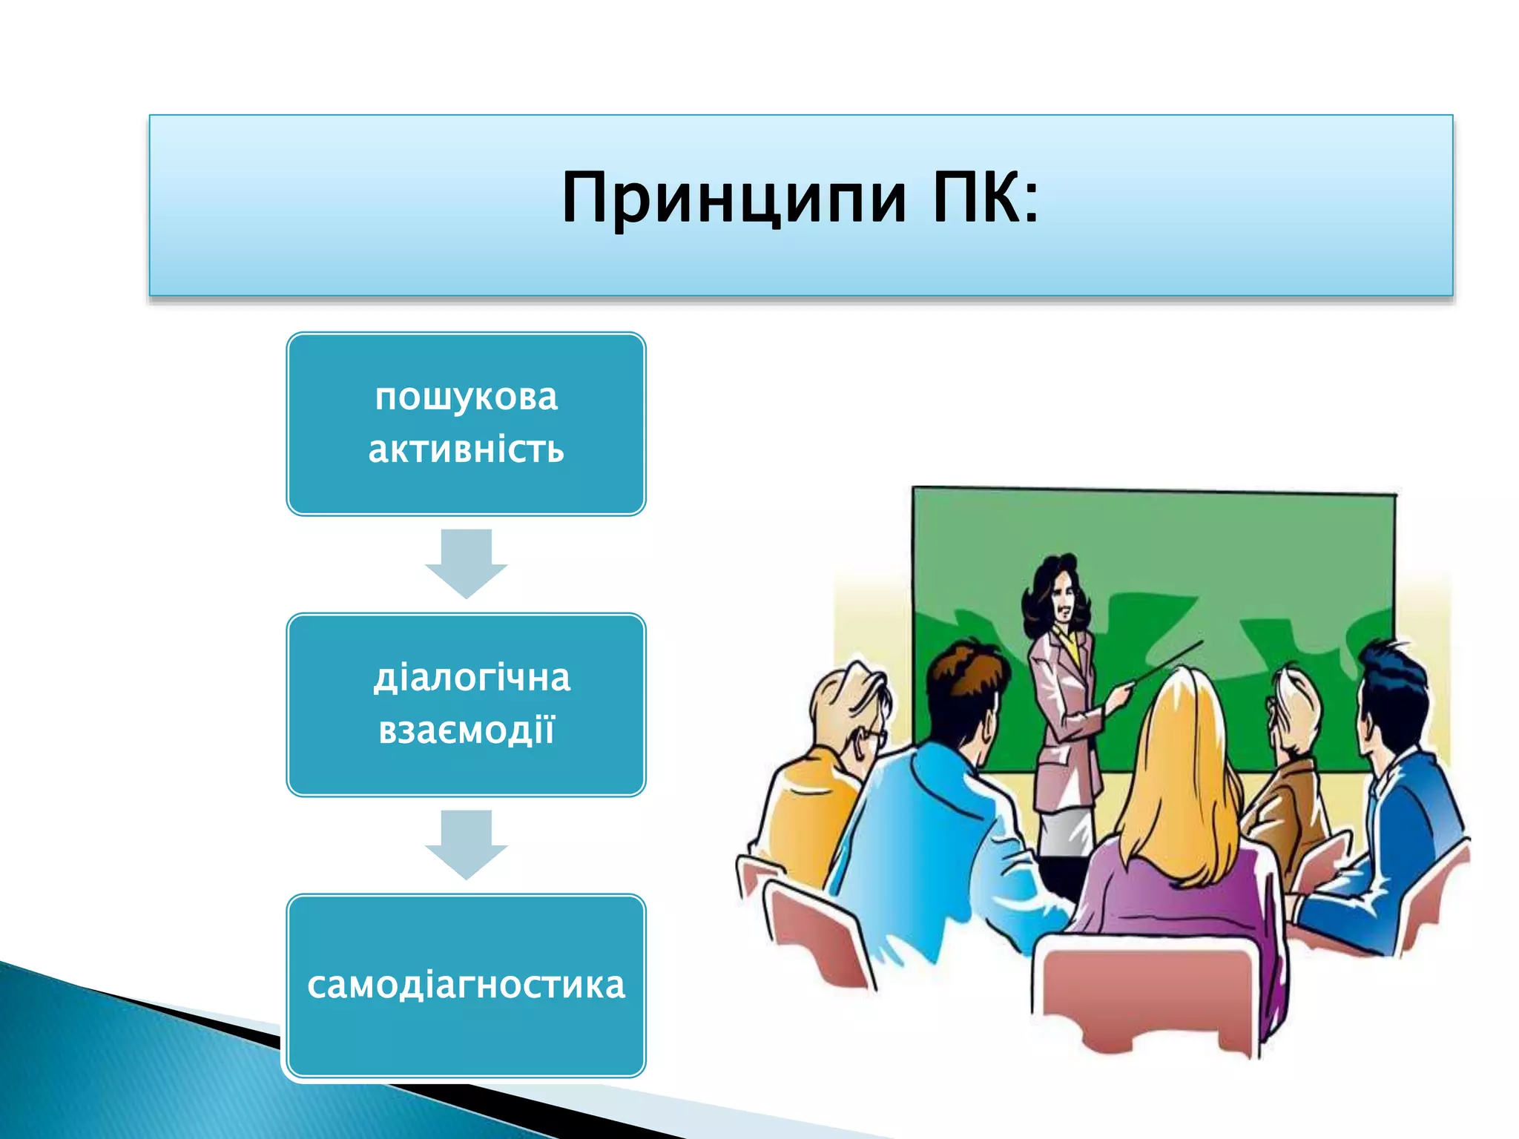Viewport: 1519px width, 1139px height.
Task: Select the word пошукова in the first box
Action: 466,397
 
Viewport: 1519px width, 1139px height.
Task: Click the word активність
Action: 466,449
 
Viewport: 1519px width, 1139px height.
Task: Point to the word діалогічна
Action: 472,678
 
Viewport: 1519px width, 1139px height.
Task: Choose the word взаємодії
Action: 466,730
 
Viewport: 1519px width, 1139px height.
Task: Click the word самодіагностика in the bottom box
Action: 466,985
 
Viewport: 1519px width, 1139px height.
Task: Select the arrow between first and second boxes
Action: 466,564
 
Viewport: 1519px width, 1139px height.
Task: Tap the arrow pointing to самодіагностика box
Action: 466,845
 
